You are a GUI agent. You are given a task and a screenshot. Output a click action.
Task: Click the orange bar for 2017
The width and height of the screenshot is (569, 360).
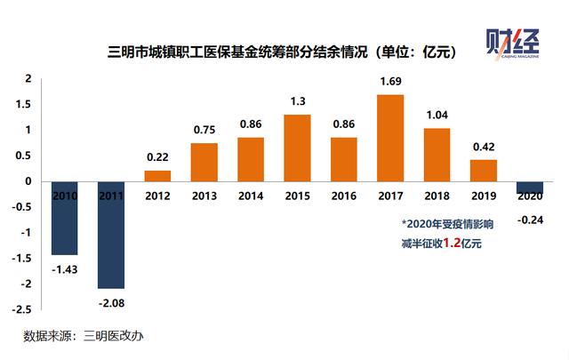coord(390,138)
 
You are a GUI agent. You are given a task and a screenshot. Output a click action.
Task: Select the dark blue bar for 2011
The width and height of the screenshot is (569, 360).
coord(111,235)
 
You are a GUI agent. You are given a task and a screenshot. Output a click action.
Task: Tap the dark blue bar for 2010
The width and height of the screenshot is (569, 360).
coord(65,218)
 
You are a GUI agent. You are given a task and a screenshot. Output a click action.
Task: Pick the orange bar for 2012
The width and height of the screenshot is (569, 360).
coord(157,176)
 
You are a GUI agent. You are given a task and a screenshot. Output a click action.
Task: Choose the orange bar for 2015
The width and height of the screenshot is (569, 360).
coord(297,148)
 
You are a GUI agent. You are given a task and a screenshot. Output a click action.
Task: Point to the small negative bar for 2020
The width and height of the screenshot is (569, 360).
coord(530,188)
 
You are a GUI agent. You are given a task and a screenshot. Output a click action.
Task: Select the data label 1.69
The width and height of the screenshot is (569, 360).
coord(390,83)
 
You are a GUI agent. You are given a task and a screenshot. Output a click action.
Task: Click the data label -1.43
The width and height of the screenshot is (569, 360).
coord(65,268)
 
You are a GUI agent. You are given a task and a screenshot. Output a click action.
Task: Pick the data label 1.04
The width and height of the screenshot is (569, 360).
coord(437,116)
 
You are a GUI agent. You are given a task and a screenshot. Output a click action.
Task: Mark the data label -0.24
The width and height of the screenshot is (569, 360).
coord(530,220)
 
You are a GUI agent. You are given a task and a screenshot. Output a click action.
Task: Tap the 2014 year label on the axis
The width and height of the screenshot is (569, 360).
coord(251,196)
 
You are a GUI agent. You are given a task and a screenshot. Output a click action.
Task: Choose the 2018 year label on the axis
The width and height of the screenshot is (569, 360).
coord(437,196)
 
